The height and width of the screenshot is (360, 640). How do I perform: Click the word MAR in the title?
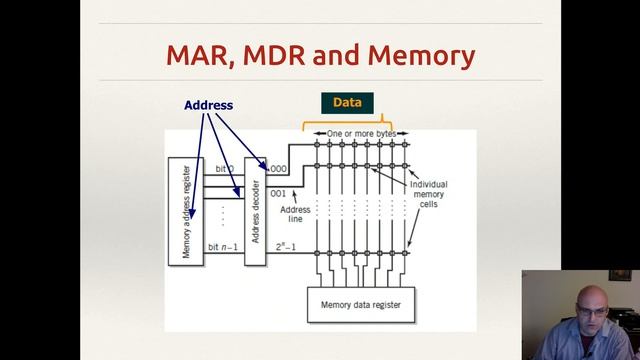pyautogui.click(x=201, y=55)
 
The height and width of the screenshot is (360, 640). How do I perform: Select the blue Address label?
pyautogui.click(x=208, y=105)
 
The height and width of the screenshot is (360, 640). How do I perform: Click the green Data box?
pyautogui.click(x=347, y=102)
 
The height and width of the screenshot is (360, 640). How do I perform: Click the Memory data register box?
pyautogui.click(x=359, y=303)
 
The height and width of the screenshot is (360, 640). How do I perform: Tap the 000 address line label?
pyautogui.click(x=278, y=170)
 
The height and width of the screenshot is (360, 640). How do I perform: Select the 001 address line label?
pyautogui.click(x=278, y=193)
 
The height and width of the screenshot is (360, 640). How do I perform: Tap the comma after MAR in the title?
pyautogui.click(x=234, y=64)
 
